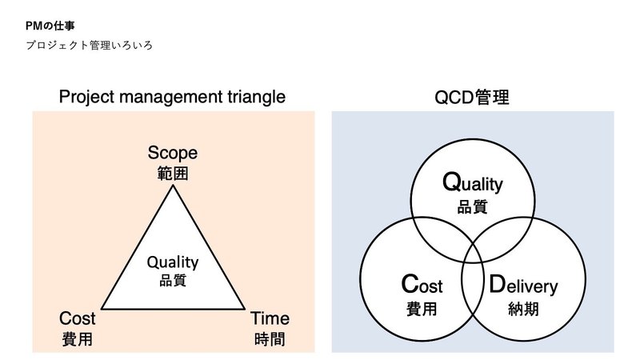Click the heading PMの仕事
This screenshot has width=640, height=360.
(50, 26)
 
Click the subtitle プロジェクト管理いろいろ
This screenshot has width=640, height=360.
(90, 46)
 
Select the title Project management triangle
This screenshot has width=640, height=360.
(172, 98)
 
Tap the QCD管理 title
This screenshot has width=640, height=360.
(472, 98)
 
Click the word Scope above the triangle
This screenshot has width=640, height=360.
(173, 153)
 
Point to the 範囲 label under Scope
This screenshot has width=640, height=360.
(173, 174)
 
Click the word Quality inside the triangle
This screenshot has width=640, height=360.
(173, 262)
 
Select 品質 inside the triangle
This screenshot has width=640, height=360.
(173, 281)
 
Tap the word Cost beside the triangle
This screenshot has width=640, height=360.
(77, 318)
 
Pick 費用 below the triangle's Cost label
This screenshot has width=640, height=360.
(77, 339)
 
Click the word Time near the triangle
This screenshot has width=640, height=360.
(270, 318)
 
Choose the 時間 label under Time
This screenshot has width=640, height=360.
(270, 339)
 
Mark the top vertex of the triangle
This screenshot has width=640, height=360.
(173, 186)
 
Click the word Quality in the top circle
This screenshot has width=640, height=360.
(473, 182)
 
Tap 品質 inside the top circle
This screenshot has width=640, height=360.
(472, 207)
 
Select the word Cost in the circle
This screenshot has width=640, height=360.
(422, 285)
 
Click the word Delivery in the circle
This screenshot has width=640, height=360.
(523, 285)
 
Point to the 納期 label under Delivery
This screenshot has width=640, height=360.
(523, 309)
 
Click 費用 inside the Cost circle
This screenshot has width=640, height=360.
(422, 309)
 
